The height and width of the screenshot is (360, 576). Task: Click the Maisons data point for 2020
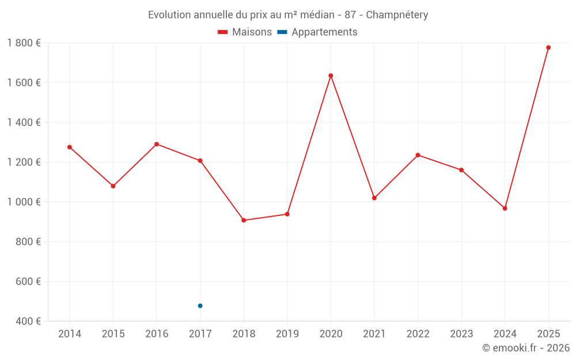(331, 75)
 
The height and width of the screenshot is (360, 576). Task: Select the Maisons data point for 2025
(548, 47)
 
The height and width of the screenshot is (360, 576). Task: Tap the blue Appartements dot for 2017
(200, 306)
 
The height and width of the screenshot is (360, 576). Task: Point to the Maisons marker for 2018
(244, 220)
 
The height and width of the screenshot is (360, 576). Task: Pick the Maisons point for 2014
(70, 147)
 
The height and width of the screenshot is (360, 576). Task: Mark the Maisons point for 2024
(505, 208)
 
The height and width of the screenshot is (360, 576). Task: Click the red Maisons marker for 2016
(157, 144)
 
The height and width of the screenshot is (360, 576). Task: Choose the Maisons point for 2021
(374, 198)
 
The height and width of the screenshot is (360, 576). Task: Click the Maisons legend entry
(245, 32)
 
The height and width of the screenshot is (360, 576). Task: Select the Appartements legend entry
(317, 32)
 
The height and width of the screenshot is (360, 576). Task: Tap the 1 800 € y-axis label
(24, 43)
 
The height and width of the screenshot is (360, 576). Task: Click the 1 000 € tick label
(24, 202)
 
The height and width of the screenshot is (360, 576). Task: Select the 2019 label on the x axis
(287, 334)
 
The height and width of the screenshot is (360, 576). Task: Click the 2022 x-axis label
(418, 334)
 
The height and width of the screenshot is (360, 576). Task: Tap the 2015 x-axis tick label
(113, 334)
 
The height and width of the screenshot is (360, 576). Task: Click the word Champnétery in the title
(397, 15)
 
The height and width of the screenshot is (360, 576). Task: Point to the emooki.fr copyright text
(526, 348)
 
